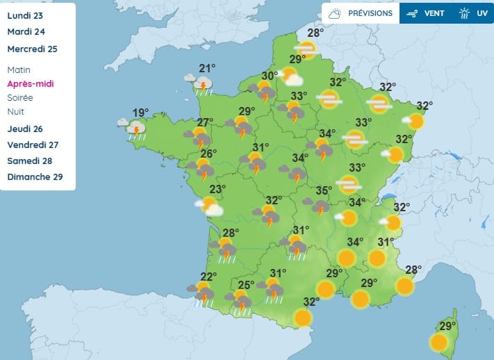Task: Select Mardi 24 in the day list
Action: click(26, 31)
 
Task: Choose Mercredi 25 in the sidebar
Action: click(32, 49)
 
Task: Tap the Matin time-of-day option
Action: click(19, 69)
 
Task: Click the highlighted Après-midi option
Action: click(30, 83)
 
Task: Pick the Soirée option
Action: click(20, 97)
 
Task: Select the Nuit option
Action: click(16, 111)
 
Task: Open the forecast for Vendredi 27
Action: click(33, 145)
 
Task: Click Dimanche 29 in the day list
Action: click(35, 177)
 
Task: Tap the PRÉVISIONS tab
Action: click(361, 13)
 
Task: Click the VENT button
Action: click(423, 13)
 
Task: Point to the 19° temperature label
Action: click(141, 113)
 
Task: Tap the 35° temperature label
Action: click(324, 190)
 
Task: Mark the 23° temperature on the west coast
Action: click(218, 189)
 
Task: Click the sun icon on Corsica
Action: click(438, 342)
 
